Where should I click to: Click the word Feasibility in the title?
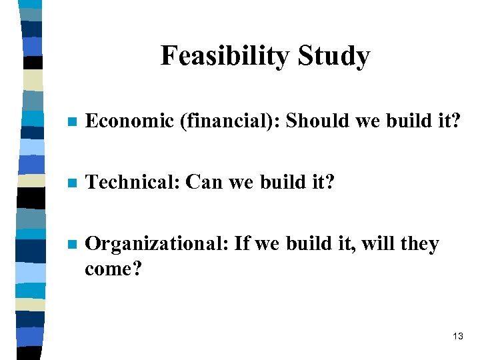pos(223,56)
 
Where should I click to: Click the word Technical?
pos(133,182)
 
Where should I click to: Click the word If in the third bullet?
pos(242,244)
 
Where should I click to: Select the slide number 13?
pos(457,337)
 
